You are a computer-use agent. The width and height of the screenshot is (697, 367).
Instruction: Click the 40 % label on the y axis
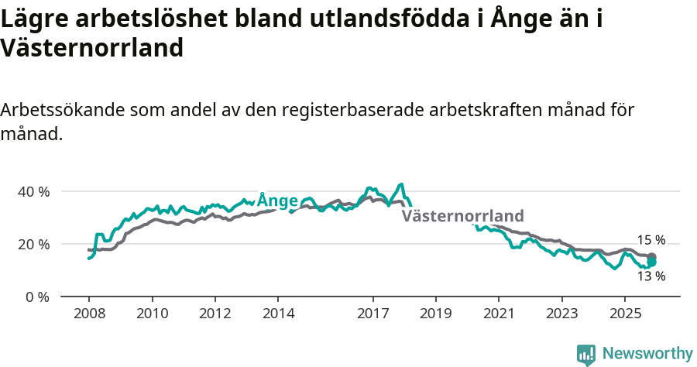(33, 191)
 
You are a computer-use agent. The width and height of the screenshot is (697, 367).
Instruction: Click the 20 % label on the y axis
(33, 244)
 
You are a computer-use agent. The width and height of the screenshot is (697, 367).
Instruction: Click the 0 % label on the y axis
(36, 297)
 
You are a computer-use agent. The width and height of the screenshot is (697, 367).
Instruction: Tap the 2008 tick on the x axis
(88, 314)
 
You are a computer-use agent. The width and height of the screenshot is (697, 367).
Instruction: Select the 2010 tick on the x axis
(152, 314)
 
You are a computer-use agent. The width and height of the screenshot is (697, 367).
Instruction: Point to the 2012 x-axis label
(215, 314)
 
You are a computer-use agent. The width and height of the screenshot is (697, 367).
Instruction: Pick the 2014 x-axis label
(278, 314)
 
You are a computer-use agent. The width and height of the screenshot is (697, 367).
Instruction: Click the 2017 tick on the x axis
(373, 314)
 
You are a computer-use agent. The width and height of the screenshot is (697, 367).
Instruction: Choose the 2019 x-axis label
(435, 314)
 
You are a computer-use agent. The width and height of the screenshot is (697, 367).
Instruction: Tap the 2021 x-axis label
(499, 314)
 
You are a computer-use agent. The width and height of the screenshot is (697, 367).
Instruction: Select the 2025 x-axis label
(625, 314)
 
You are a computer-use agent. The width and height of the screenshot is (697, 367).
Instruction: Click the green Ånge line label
(277, 201)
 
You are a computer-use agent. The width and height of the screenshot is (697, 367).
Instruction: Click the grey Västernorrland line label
(462, 216)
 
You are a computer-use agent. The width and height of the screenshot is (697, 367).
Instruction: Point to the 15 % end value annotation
(651, 240)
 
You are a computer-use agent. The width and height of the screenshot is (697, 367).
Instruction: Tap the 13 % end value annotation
(651, 276)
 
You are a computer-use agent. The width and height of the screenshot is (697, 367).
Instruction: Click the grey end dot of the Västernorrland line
(652, 257)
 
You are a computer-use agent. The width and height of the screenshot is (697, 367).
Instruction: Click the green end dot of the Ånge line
(652, 262)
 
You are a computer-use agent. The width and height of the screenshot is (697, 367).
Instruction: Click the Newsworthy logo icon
(586, 355)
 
